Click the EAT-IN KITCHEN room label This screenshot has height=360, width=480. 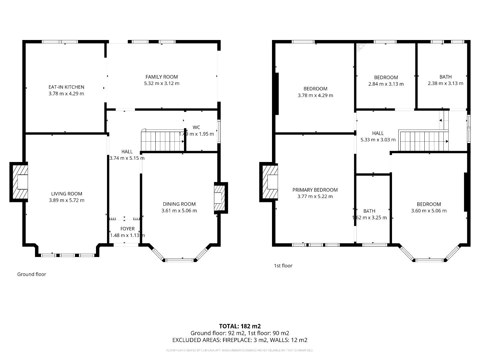point(66,87)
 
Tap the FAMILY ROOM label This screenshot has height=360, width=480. point(162,77)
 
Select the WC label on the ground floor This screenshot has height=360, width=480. point(196,127)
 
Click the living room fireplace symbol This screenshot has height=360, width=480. point(19,182)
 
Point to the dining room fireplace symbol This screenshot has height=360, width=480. point(220,198)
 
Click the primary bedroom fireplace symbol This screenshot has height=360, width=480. point(269,182)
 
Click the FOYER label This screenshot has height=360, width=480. point(127,229)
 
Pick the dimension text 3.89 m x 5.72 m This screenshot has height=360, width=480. point(67,200)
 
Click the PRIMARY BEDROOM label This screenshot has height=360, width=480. point(315,190)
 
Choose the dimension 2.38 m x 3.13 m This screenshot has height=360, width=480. point(445,83)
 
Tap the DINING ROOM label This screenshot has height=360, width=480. point(179,204)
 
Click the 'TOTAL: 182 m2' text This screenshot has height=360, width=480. point(240,326)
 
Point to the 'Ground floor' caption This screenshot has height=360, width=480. point(32,274)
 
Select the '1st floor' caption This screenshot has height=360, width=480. point(283,266)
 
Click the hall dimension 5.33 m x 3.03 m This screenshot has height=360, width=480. point(378,140)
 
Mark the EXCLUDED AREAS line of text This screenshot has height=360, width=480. point(240,340)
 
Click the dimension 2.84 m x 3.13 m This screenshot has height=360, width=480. point(386,84)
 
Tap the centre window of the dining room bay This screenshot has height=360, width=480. point(179,260)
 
